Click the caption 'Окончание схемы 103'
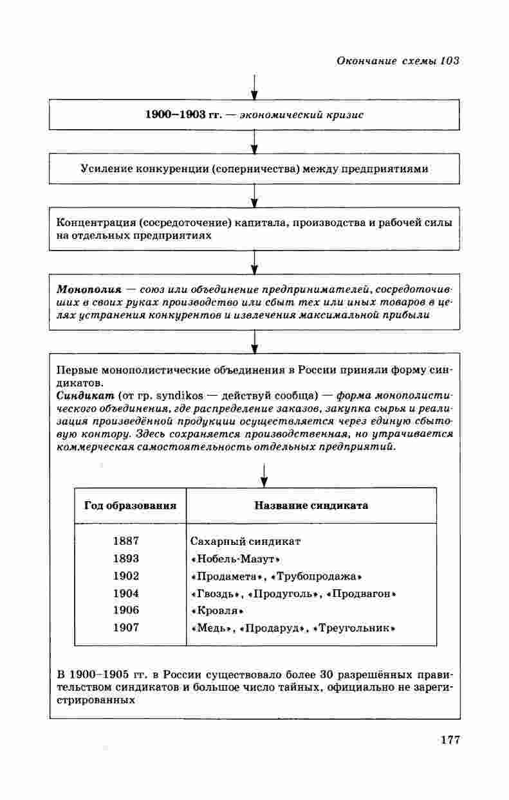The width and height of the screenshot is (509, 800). (x=397, y=61)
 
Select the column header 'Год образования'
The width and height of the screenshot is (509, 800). (x=130, y=506)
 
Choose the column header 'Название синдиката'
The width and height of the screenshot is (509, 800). (x=311, y=506)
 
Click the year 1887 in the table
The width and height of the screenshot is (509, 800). (x=125, y=541)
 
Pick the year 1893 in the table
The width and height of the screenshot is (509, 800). (x=125, y=558)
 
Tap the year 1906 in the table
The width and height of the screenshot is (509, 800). (x=125, y=610)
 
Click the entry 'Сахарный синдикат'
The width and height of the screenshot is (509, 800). (x=246, y=541)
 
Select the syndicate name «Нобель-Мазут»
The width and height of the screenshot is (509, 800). (x=236, y=558)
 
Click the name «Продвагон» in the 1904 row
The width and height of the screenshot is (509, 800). (x=361, y=593)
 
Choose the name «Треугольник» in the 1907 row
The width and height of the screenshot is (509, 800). (x=353, y=628)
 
